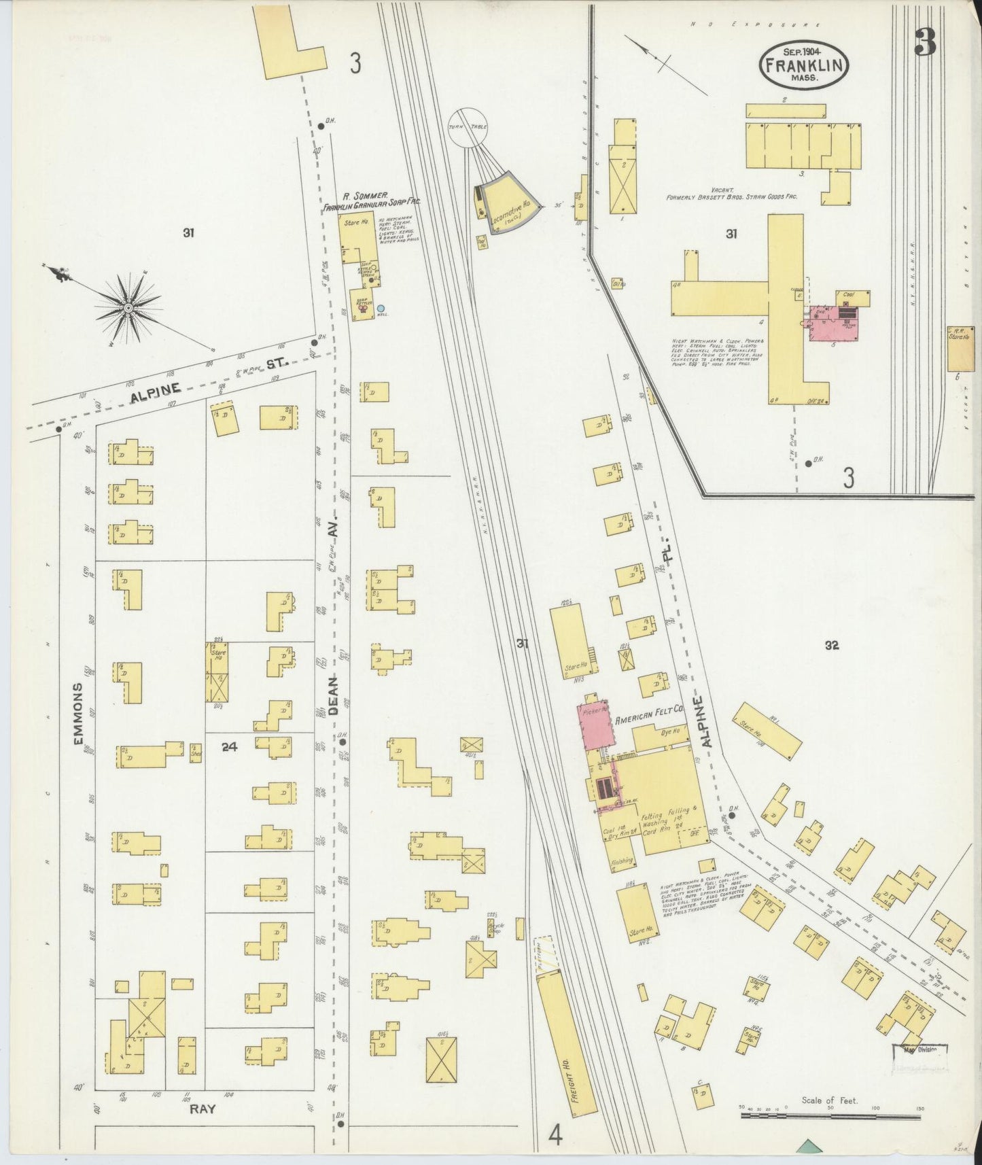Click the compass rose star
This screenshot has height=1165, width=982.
[x=127, y=308]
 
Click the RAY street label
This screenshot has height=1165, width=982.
[x=203, y=1109]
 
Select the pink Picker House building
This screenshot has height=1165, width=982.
[x=593, y=725]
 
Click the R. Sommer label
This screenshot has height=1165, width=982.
[x=364, y=196]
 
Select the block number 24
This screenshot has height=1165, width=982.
[x=229, y=747]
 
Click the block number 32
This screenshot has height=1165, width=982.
[x=832, y=646]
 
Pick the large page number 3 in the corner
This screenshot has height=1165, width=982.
[x=925, y=44]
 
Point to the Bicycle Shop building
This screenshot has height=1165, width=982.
[x=495, y=927]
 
